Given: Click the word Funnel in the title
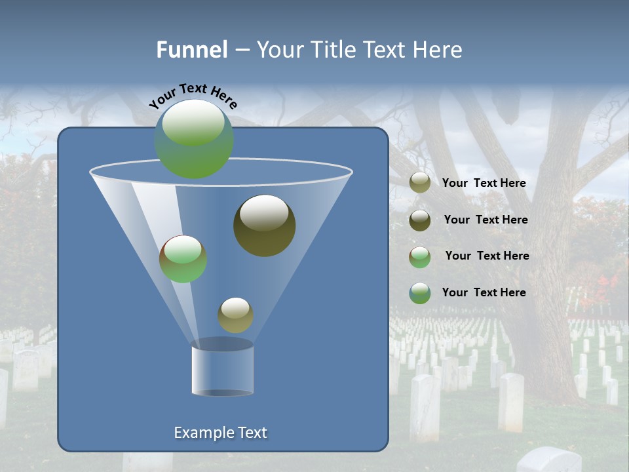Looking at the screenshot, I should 191,50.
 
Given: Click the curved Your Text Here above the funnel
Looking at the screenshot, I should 193,95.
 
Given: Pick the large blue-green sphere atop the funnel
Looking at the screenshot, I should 193,138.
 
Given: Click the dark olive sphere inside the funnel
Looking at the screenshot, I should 264,225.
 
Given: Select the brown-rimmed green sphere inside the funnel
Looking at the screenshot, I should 183,259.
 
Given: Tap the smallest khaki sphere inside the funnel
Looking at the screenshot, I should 235,315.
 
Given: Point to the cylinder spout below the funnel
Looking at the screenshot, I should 222,369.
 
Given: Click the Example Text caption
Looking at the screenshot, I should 220,433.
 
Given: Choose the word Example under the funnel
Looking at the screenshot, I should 199,433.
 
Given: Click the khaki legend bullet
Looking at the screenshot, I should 420,183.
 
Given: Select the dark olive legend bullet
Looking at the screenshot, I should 420,220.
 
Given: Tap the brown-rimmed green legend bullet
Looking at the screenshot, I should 420,257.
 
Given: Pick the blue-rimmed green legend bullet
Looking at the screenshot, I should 420,293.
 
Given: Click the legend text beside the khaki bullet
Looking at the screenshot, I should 484,184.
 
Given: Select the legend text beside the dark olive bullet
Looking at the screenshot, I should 486,220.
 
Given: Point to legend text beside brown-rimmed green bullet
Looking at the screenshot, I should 487,256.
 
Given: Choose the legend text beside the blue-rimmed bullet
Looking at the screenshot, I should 484,293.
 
